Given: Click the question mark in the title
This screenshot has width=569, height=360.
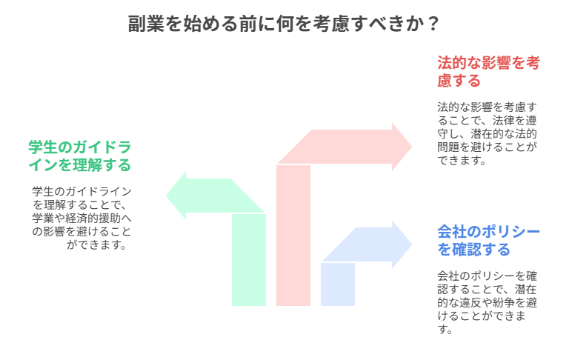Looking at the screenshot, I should tap(433, 24).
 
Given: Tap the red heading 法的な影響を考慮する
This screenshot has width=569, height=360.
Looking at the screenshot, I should tap(488, 71).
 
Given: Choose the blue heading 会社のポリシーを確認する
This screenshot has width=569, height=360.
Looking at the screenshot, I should tap(488, 240).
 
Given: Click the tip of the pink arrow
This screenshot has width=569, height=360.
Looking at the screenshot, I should tap(412, 146).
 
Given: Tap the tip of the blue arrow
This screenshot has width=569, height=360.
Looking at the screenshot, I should tap(412, 244).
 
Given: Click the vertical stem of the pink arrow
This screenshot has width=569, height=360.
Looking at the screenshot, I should tap(293, 237).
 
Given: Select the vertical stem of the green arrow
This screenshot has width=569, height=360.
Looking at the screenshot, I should tap(249, 259).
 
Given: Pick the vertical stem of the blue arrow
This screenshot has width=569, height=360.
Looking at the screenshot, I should tap(338, 284).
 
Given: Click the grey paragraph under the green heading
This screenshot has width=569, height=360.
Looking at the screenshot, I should tap(81, 218).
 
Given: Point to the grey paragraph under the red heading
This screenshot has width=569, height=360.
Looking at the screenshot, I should tap(487, 133).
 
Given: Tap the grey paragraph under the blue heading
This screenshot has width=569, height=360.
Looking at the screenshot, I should tap(487, 302).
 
